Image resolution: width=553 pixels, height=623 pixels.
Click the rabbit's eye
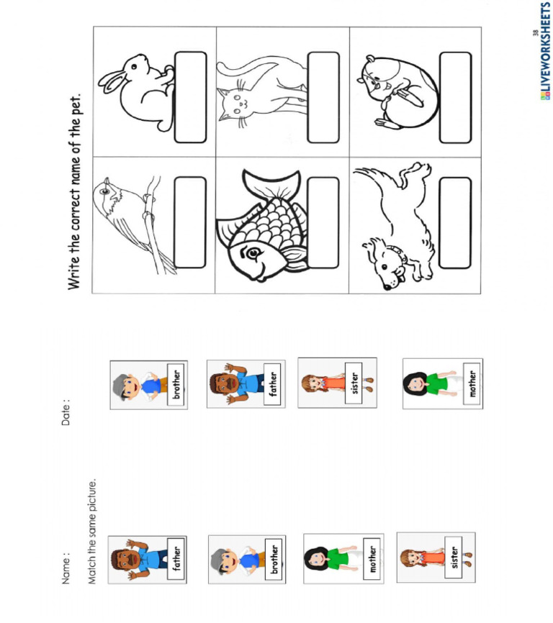pyautogui.click(x=134, y=66)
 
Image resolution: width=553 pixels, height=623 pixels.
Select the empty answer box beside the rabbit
pyautogui.click(x=190, y=97)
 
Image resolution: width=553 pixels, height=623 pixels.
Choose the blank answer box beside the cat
pyautogui.click(x=323, y=97)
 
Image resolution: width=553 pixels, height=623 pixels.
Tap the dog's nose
pyautogui.click(x=387, y=286)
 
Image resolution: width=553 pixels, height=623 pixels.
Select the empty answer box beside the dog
pyautogui.click(x=455, y=222)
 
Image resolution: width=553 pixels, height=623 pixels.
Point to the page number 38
pyautogui.click(x=536, y=33)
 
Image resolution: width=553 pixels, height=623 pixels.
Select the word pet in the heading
pyautogui.click(x=76, y=104)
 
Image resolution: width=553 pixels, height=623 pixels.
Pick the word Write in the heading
pyautogui.click(x=74, y=274)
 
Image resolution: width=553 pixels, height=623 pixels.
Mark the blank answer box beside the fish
pyautogui.click(x=323, y=222)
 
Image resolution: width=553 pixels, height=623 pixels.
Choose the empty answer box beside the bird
pyautogui.click(x=190, y=222)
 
